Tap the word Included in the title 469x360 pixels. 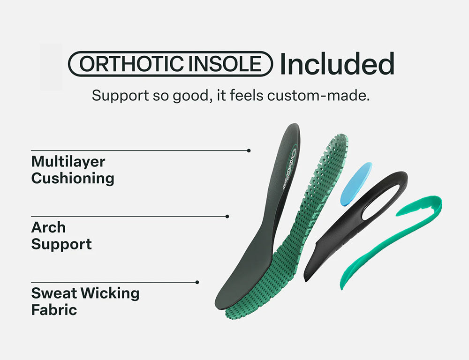click(337, 64)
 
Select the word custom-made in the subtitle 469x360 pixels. click(318, 95)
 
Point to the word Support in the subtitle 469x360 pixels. click(120, 96)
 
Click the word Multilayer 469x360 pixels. click(68, 162)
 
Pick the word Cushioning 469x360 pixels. click(73, 179)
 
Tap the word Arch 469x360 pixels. click(48, 227)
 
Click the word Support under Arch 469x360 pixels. click(61, 244)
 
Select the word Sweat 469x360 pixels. click(54, 293)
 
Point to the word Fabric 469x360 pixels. click(54, 309)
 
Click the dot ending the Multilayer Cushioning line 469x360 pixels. click(249, 150)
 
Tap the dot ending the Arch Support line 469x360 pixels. click(227, 217)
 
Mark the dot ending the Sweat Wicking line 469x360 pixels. click(197, 282)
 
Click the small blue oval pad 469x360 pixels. click(356, 184)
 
